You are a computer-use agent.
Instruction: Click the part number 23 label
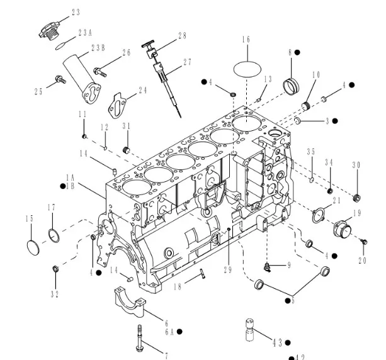pos(76,12)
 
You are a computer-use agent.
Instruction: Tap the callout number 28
pos(182,36)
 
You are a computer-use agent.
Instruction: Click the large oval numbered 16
pos(246,67)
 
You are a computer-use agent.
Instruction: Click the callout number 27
pos(186,62)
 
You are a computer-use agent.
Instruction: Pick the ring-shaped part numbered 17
pos(54,235)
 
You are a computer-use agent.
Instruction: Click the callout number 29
pos(228,269)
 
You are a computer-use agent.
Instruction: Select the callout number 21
pos(337,200)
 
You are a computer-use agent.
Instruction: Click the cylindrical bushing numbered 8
pos(292,83)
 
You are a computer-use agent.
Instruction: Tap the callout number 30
pos(356,165)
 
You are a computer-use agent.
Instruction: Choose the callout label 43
pos(276,342)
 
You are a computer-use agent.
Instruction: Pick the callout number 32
pos(55,293)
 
